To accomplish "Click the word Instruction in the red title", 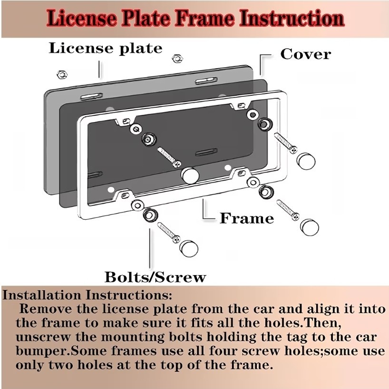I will click(291, 19).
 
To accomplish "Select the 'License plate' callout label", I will click(106, 49).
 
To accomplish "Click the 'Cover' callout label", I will click(305, 54).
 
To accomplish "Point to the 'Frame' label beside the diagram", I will click(246, 218).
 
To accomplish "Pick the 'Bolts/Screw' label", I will click(155, 277).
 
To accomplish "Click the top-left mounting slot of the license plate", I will click(91, 96).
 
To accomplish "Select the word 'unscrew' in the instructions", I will click(43, 337).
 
